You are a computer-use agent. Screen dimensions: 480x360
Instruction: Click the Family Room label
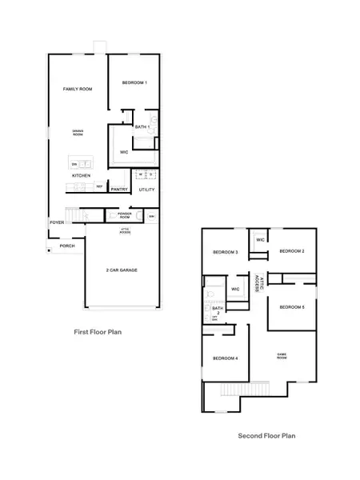point(78,89)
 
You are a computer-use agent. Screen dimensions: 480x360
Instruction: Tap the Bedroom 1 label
point(134,83)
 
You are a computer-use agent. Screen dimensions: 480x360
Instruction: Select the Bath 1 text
point(142,127)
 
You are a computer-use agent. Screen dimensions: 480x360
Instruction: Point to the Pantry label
point(120,190)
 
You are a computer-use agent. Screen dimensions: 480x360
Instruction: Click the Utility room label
point(146,190)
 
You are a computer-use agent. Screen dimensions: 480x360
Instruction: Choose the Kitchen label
point(81,175)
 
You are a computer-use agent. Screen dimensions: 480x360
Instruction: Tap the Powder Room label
point(124,215)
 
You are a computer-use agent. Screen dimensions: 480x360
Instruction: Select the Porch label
point(66,246)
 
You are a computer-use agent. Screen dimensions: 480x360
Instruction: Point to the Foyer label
point(57,222)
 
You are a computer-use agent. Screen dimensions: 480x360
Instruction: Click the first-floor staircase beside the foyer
point(78,215)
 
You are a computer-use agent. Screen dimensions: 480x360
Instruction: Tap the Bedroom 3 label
point(225,252)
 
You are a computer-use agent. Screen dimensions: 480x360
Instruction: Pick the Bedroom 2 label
point(292,251)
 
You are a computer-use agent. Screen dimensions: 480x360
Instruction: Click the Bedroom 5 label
point(292,307)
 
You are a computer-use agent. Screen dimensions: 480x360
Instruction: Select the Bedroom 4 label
point(225,358)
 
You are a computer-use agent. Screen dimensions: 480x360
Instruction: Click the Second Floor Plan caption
point(266,436)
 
